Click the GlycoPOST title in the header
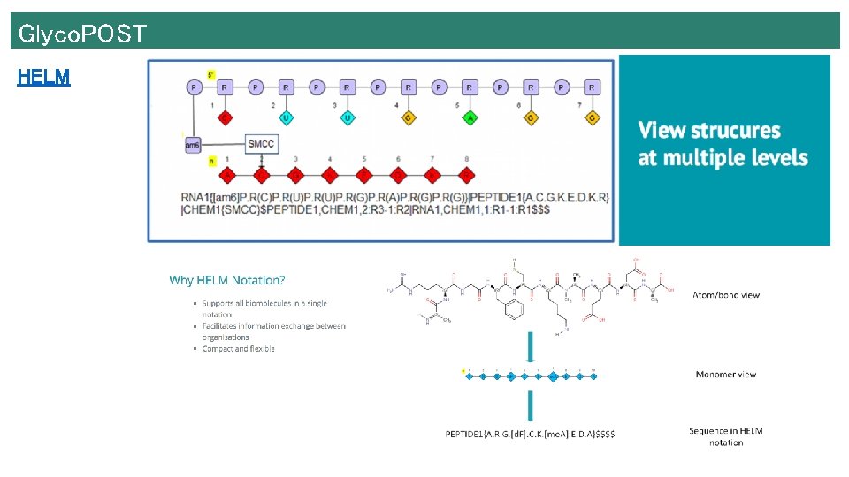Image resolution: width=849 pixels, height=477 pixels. [x=82, y=34]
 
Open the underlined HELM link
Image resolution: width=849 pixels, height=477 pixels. [x=43, y=78]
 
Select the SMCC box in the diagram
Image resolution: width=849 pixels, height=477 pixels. [x=261, y=144]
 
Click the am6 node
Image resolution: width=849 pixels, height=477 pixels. [x=193, y=145]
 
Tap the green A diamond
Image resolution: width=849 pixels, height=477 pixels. [x=469, y=117]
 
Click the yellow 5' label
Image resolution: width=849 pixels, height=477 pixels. [x=211, y=74]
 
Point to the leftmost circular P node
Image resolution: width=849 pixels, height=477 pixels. [x=194, y=87]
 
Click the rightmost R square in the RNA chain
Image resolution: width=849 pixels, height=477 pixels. [x=592, y=87]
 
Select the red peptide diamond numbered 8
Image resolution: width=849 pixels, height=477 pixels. [x=467, y=176]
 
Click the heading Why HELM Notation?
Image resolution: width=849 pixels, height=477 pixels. [x=226, y=280]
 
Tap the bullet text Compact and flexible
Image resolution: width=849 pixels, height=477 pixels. [x=238, y=349]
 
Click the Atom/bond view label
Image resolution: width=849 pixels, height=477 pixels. [x=725, y=295]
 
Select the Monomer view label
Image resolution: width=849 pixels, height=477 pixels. [x=726, y=375]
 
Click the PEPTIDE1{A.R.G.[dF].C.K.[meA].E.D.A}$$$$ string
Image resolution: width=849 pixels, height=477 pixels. [x=530, y=434]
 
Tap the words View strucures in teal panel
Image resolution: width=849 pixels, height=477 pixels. [x=709, y=131]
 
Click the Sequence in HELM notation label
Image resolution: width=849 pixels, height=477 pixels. [x=725, y=436]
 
